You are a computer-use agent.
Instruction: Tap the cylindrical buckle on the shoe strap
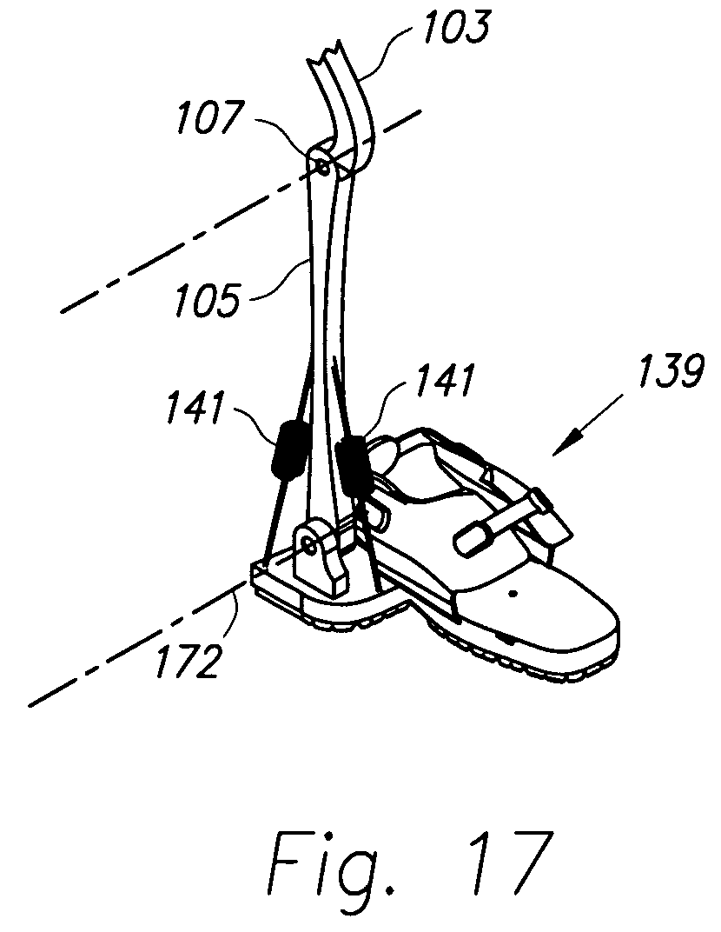click(x=474, y=535)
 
